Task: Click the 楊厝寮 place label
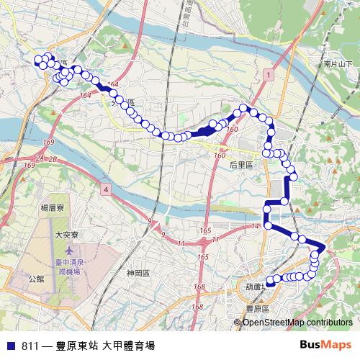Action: pos(54,207)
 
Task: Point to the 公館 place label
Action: pos(36,278)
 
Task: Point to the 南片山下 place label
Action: pos(338,64)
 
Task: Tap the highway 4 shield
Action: pos(106,189)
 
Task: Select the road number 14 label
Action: pos(255,227)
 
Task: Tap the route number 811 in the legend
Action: pos(31,345)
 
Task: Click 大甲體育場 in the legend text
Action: pos(129,345)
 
